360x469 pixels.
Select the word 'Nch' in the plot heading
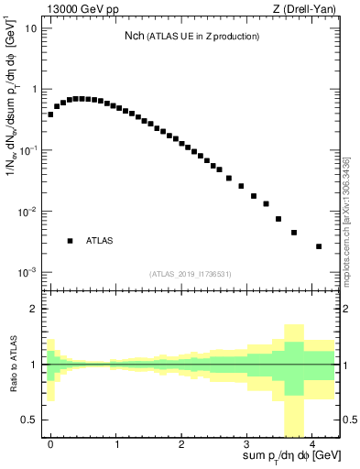[136, 36]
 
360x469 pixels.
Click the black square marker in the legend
[70, 241]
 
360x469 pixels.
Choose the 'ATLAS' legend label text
[100, 241]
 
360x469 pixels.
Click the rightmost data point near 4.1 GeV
[319, 246]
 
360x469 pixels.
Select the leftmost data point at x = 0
[50, 115]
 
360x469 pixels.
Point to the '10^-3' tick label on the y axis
[28, 273]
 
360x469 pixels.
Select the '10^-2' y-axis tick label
[28, 212]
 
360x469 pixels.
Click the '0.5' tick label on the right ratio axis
[348, 420]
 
